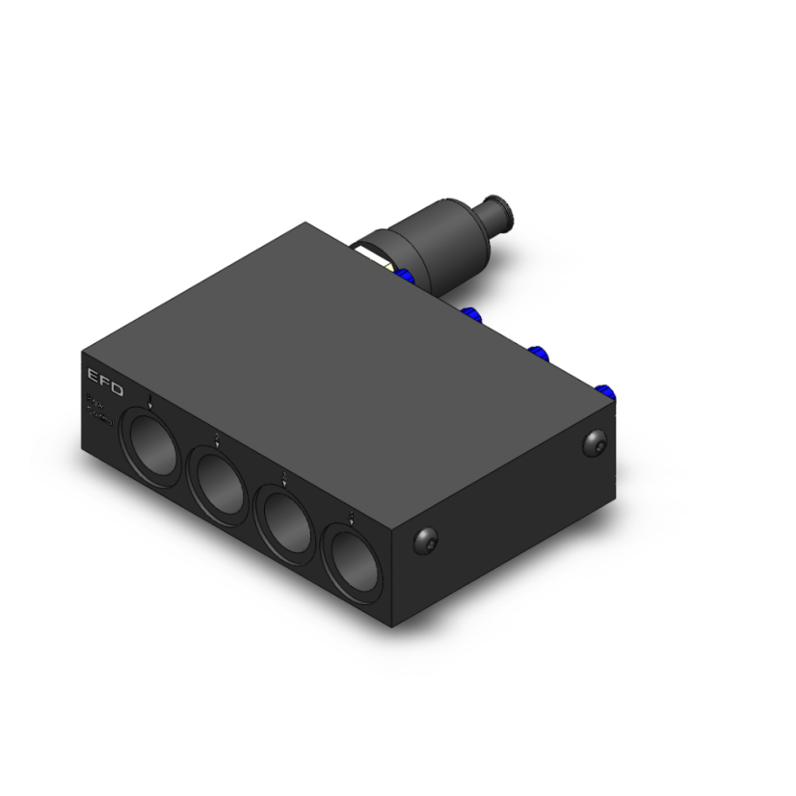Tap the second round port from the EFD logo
pyautogui.click(x=219, y=483)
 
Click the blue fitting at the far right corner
pyautogui.click(x=606, y=390)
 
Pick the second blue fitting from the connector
pyautogui.click(x=472, y=314)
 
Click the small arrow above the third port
pyautogui.click(x=284, y=477)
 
